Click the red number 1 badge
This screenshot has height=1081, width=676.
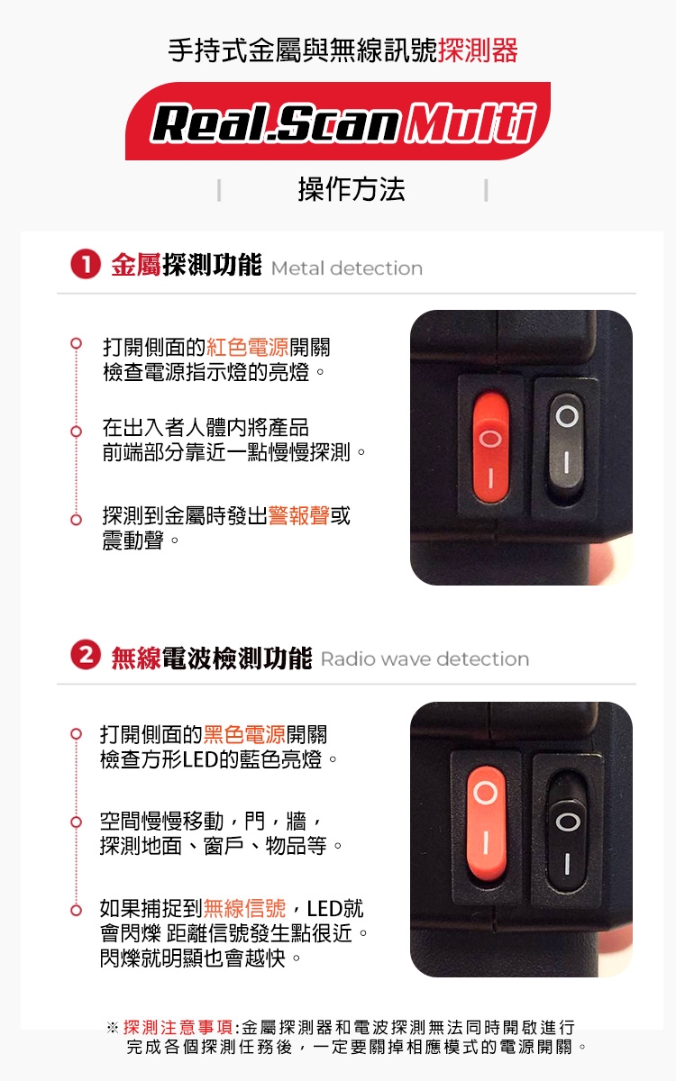pos(86,265)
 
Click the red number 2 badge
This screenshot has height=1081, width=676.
pos(86,655)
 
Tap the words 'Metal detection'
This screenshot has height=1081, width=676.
pos(347,268)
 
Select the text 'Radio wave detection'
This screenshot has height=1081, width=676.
pos(425,659)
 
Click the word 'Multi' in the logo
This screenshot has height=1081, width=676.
pos(470,123)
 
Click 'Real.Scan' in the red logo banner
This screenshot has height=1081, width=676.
pos(276,123)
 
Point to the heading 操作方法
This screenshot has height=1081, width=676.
pos(352,189)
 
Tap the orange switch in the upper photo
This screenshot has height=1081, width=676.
pos(490,448)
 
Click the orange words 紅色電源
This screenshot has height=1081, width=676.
pos(248,347)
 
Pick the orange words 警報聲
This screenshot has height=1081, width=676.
pos(299,515)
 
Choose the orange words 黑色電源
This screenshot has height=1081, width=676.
pos(245,734)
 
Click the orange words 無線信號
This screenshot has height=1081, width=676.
pos(245,908)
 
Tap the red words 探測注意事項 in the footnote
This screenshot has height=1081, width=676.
pos(178,1027)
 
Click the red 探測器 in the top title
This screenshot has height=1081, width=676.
pos(478,50)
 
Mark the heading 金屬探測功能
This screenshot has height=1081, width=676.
pos(187,265)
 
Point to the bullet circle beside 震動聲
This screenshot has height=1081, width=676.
pos(76,520)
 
